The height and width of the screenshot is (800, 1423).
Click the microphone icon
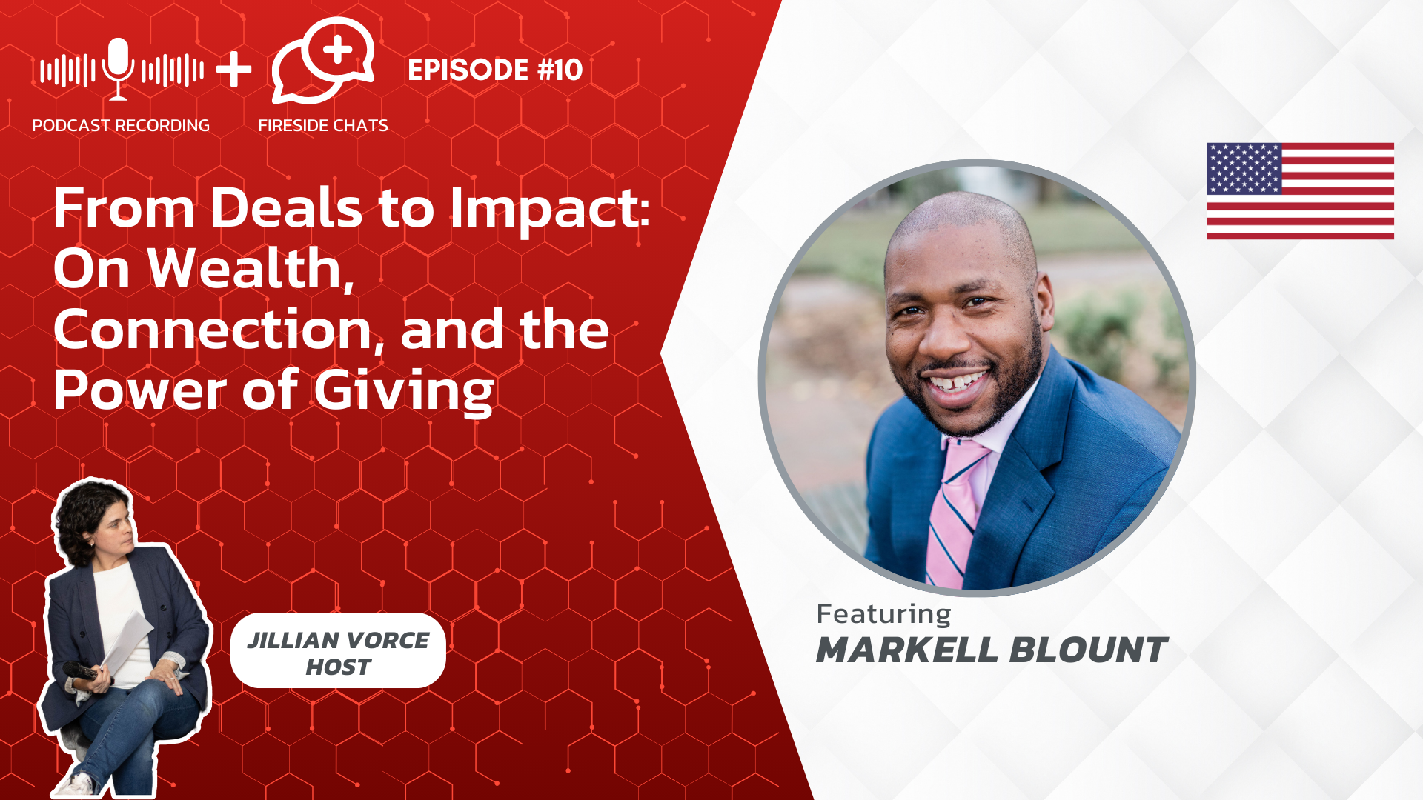pos(119,69)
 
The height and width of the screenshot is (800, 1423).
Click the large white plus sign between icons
pos(234,70)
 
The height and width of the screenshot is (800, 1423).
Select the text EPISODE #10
pos(495,70)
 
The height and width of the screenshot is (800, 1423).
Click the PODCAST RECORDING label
pos(121,125)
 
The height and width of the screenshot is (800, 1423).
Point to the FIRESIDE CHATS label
pos(323,125)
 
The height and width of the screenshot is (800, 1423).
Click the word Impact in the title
pos(550,210)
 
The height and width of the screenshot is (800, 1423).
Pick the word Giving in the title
pos(404,391)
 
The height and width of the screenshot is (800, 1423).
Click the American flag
pos(1300,191)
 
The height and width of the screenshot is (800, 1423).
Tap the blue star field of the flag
pos(1244,169)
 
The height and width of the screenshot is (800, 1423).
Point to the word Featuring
pos(883,615)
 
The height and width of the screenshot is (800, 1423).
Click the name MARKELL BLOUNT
pos(992,650)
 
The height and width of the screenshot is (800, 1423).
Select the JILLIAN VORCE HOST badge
pos(338,651)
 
